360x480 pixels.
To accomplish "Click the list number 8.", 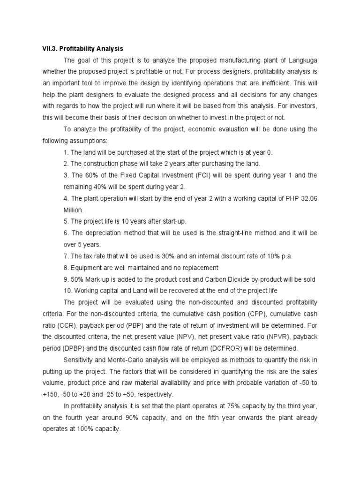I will pyautogui.click(x=66, y=267).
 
